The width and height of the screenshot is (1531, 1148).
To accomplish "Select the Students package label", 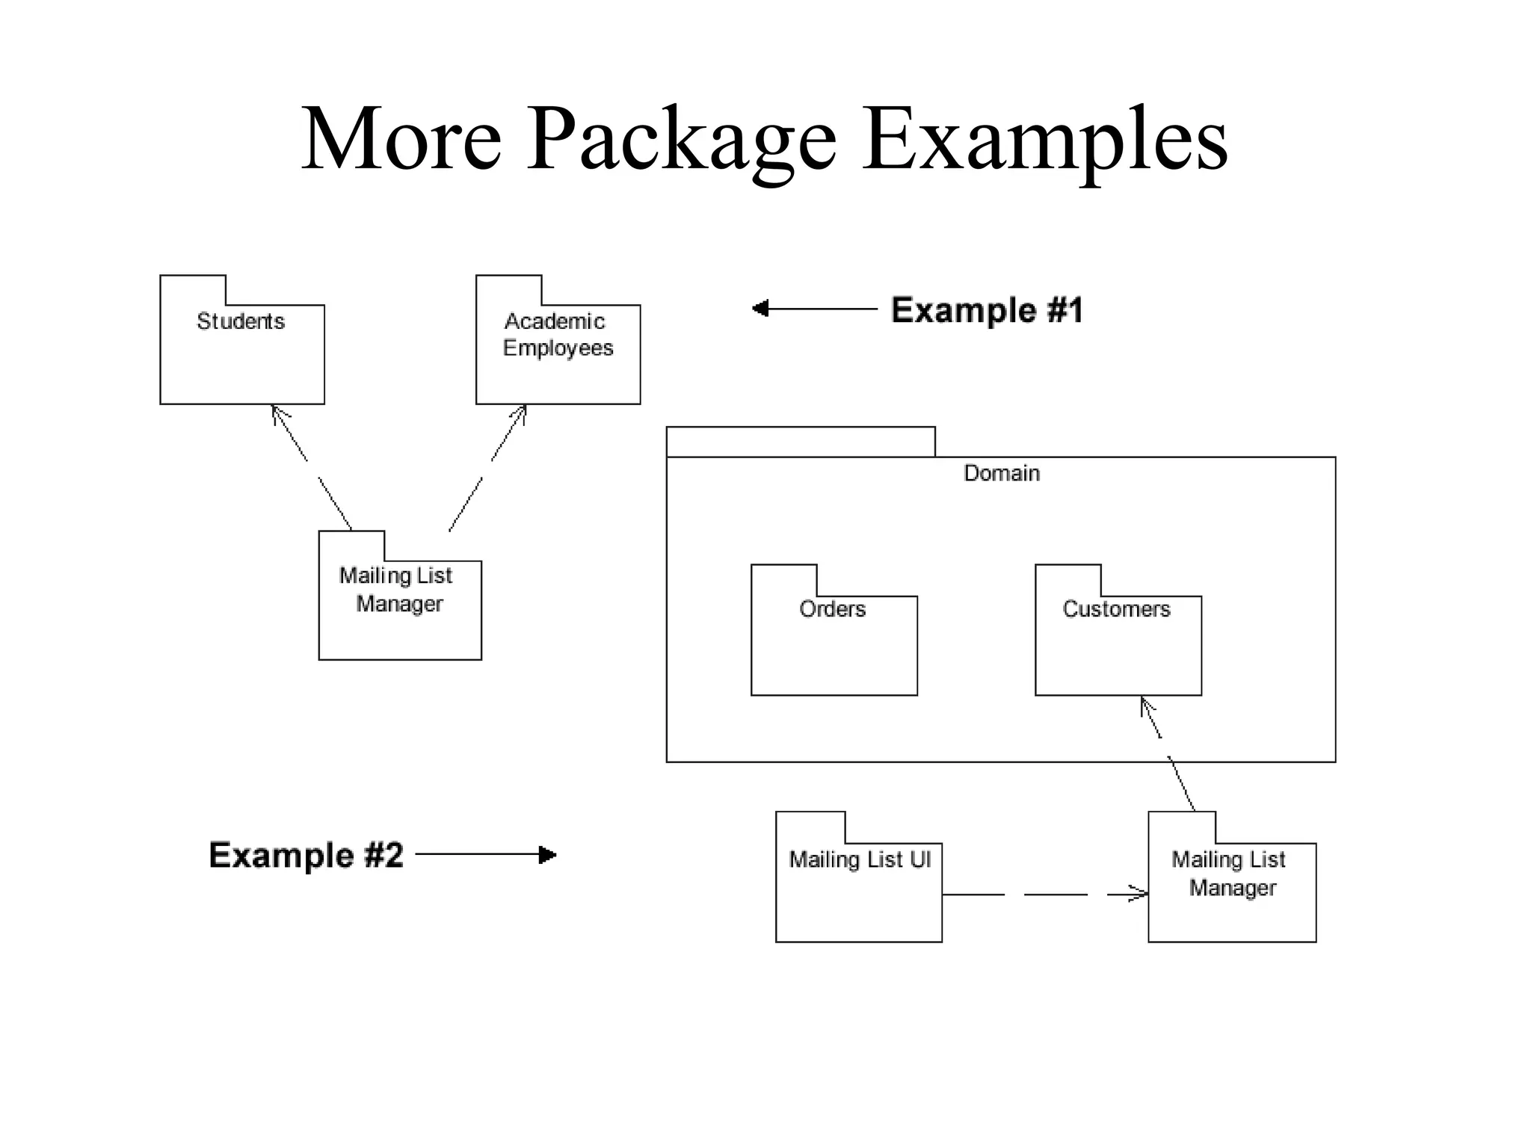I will point(241,321).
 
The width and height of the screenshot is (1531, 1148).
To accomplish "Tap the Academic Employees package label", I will point(558,334).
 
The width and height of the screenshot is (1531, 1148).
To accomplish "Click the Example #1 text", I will point(987,310).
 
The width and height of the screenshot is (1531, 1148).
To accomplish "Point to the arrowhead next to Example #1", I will point(760,308).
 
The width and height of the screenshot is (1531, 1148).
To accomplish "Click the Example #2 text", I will point(306,855).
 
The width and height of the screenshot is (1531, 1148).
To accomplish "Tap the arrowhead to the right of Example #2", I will point(548,854).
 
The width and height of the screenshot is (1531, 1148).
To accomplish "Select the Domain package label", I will point(1002,473).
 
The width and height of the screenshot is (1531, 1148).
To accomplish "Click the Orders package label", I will point(832,609).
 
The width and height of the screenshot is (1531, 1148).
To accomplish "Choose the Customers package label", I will point(1116,609).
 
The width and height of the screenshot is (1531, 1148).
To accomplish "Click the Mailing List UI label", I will point(860,860).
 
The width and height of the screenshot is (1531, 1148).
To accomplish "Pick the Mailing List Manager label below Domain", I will point(1230,873).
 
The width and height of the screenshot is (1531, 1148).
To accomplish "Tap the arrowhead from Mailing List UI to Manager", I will point(1140,894).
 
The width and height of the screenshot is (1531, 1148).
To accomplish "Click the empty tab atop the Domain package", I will point(800,442).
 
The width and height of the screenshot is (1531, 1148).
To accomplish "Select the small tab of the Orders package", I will point(783,580).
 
